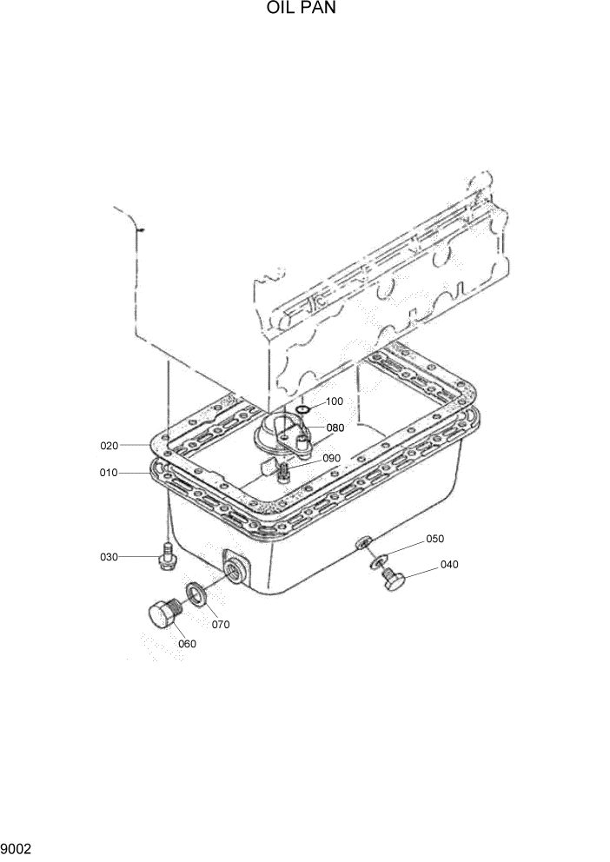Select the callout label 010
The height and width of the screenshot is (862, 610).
click(109, 474)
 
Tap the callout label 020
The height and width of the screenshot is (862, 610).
click(109, 446)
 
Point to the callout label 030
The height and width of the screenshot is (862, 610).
click(109, 557)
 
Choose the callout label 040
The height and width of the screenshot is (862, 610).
click(449, 565)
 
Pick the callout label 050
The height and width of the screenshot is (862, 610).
click(434, 540)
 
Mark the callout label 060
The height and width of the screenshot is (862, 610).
click(187, 644)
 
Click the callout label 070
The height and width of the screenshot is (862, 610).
click(221, 624)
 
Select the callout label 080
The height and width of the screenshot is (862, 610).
click(335, 428)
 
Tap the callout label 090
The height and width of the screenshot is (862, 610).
click(331, 458)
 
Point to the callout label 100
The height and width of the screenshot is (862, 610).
click(335, 401)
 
